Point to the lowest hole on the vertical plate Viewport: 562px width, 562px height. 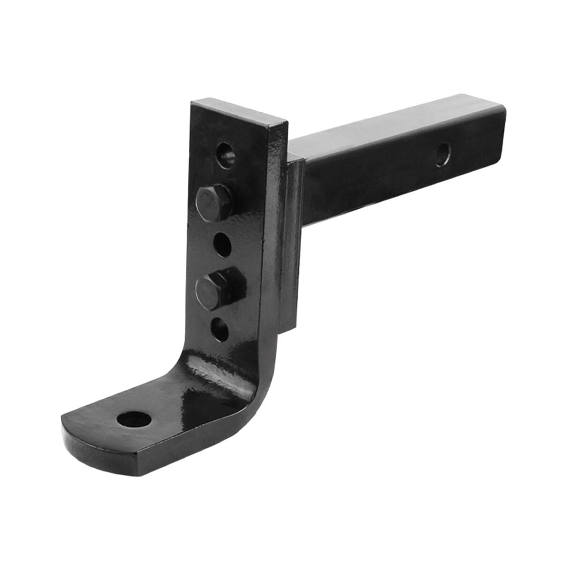point(221,329)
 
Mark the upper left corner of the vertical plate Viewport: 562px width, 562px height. point(193,102)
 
